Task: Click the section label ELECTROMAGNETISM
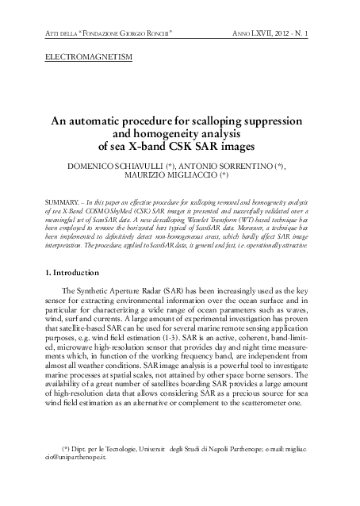pos(87,58)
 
